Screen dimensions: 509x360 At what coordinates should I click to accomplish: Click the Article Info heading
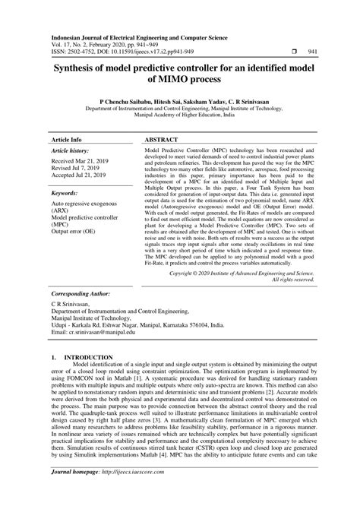[x=66, y=120]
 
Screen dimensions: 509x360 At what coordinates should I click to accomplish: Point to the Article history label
[x=70, y=131]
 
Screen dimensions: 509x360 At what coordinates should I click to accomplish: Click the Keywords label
[x=65, y=174]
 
